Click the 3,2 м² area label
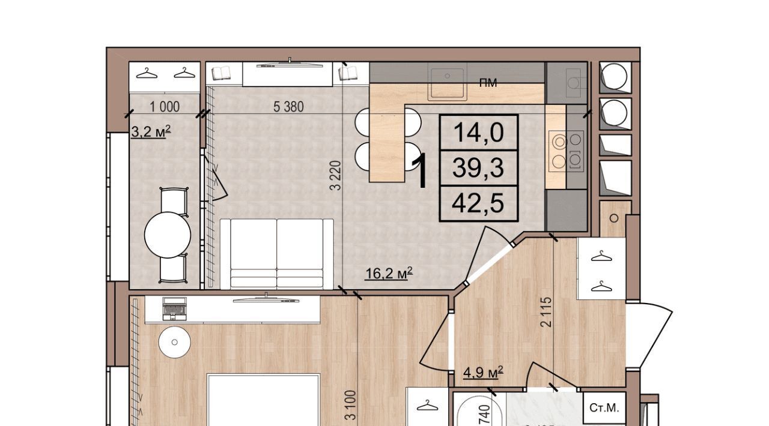point(151,132)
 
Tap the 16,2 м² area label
point(389,274)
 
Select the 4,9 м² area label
point(483,373)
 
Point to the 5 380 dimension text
point(288,107)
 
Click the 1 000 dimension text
point(165,107)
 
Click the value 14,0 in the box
point(479,133)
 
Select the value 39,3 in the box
point(478,169)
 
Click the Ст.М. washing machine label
point(604,408)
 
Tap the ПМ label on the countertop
point(488,83)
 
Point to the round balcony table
point(168,235)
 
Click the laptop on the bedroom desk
point(174,308)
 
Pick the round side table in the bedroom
point(175,343)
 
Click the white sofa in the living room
point(277,254)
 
